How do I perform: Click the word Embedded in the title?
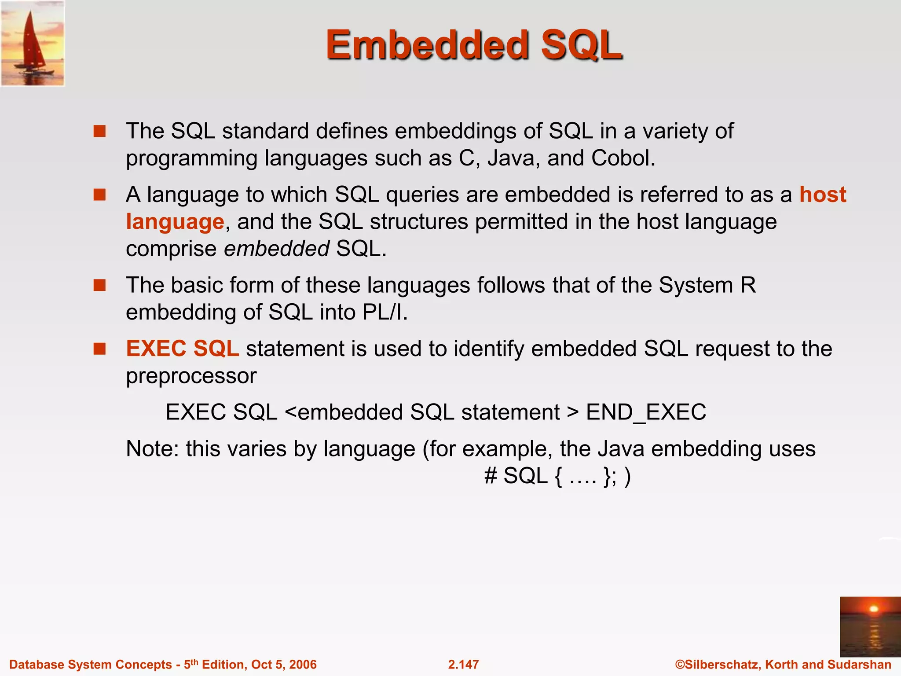point(426,45)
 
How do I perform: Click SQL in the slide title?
point(581,45)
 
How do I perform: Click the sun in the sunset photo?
point(874,609)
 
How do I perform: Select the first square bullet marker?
point(100,131)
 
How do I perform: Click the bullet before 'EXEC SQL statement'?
point(100,349)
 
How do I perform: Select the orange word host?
point(822,195)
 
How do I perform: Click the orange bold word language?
point(175,222)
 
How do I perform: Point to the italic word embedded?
point(277,249)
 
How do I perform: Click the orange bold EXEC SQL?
point(182,349)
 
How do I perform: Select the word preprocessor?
point(191,376)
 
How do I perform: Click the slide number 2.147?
point(463,664)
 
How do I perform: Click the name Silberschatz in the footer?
point(722,664)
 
